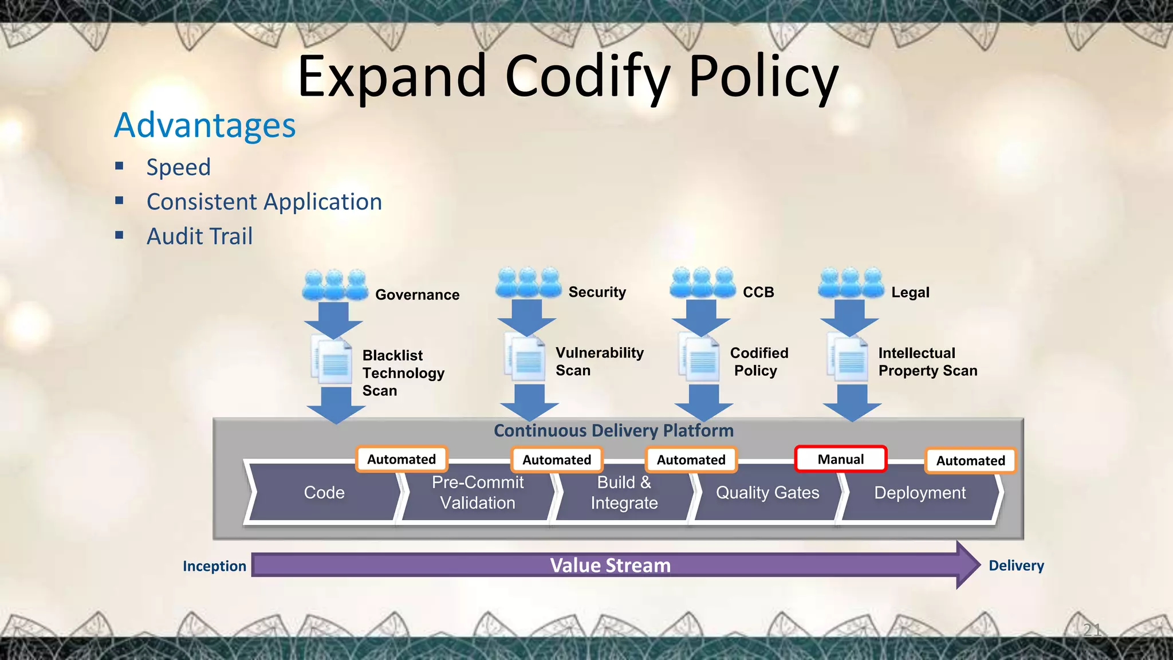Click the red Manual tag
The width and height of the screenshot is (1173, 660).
[x=840, y=459]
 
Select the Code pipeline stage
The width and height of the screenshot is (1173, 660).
[x=324, y=493]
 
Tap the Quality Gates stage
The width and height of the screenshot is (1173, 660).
[x=767, y=493]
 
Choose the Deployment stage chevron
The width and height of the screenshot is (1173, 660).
[x=919, y=493]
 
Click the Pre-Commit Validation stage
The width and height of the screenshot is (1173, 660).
[x=477, y=493]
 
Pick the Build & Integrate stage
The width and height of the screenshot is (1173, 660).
[x=624, y=493]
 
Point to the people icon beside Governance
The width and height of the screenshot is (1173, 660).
[x=335, y=285]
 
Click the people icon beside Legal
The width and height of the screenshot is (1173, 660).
[x=851, y=282]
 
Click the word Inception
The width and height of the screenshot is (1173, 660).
[x=214, y=566]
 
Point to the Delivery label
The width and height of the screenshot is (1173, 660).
[x=1016, y=565]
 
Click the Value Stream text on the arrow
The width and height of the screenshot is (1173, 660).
[x=610, y=565]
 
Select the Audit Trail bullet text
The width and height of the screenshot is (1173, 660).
[x=199, y=236]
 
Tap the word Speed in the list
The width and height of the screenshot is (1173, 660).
[x=179, y=167]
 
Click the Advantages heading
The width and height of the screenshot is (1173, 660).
[x=205, y=125]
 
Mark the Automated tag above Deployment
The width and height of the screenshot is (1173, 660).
[x=970, y=461]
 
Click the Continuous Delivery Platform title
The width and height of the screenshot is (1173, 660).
[x=613, y=430]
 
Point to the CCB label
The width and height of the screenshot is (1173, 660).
[x=758, y=292]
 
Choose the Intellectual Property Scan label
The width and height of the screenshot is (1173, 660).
[x=927, y=362]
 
